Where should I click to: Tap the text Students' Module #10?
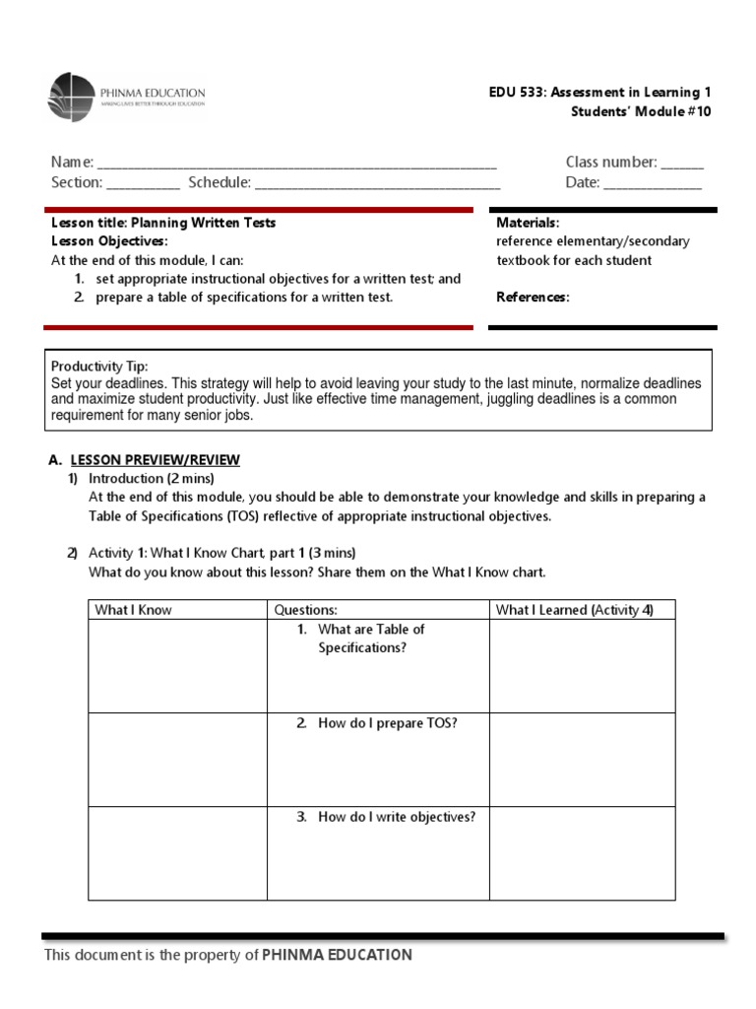coord(640,111)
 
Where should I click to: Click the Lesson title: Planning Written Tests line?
coord(163,223)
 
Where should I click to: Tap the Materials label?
coord(528,223)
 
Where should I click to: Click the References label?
coord(533,298)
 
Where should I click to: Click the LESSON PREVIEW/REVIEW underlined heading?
coord(155,460)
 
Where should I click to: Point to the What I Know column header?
coord(133,610)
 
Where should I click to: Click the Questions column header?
coord(305,610)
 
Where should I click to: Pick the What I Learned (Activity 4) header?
coord(574,610)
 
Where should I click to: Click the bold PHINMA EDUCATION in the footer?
coord(337,955)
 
